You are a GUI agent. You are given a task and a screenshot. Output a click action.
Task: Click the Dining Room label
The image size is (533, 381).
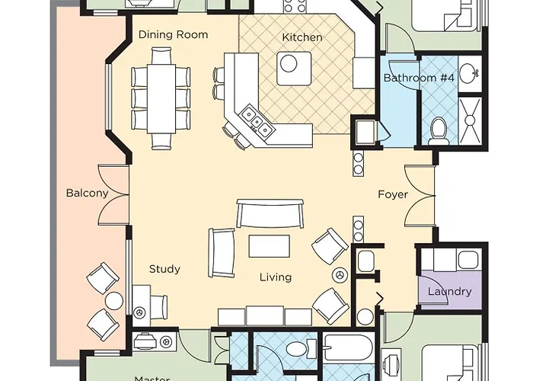point(173,35)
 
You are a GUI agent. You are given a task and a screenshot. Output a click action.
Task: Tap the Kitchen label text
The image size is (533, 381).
point(302,37)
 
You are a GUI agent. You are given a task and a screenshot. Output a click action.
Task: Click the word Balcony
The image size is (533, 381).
point(87,193)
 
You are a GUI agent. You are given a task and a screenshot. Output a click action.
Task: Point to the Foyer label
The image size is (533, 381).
point(393,194)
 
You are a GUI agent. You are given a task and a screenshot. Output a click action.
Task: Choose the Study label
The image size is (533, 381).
point(164,269)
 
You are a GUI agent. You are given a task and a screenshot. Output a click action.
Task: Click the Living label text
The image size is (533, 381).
point(275,277)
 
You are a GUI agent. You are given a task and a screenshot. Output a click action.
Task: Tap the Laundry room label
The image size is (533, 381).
point(449,291)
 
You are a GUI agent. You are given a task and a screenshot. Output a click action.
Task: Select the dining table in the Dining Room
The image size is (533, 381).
point(161,98)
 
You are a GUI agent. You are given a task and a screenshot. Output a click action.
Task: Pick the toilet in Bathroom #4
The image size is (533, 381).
point(439,131)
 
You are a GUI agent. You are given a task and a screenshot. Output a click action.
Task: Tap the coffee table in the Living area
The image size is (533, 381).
point(269,247)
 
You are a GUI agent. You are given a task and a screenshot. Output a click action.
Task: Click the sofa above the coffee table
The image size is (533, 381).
point(269,213)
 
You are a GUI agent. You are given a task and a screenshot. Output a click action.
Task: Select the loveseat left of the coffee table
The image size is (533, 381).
point(222,251)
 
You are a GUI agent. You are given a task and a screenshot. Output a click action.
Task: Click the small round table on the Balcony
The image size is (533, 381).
point(113,300)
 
